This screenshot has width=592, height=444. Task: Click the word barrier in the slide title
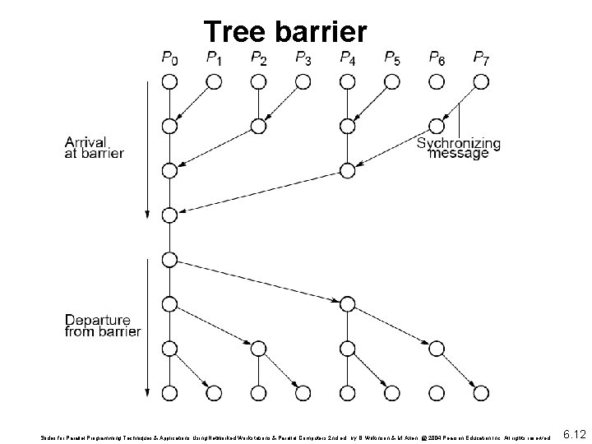(319, 31)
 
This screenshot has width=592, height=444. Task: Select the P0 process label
(169, 58)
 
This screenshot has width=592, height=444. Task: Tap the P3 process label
(303, 58)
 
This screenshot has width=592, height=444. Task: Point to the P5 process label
(392, 58)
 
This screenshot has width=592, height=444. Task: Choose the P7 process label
(482, 58)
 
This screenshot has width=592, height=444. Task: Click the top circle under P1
(214, 81)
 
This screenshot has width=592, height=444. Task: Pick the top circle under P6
(437, 81)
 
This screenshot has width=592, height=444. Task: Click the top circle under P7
(481, 81)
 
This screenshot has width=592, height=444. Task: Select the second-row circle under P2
(258, 127)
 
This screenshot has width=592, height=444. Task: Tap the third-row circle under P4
(347, 171)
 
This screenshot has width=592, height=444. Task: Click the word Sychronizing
(459, 144)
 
